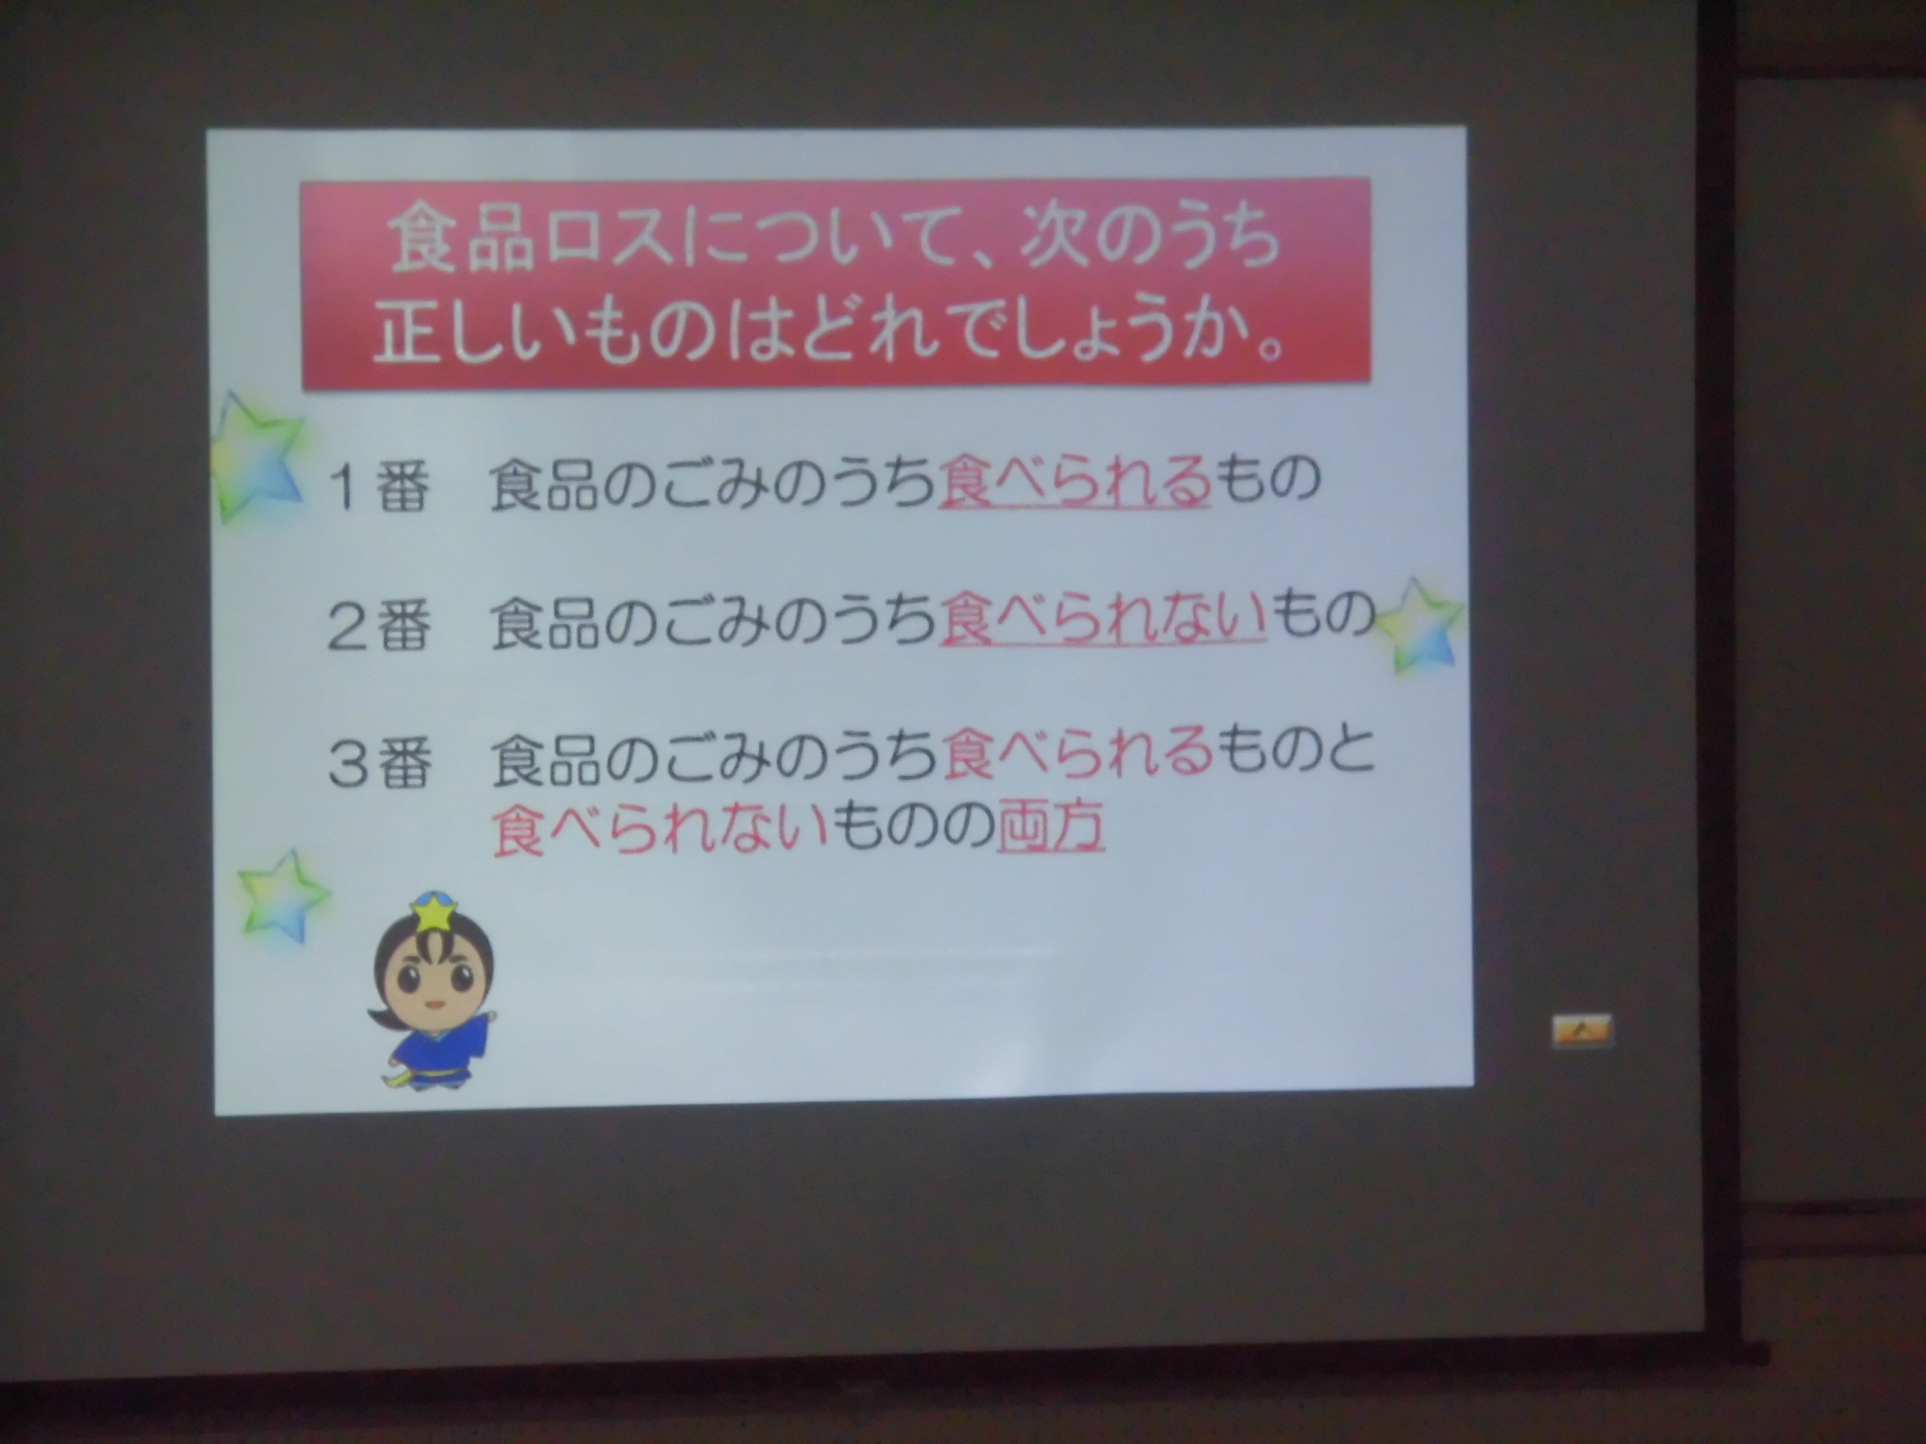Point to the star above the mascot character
283,896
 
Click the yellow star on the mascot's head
433,913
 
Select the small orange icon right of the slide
1581,1030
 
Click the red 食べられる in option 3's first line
1076,753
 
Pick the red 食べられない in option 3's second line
658,826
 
